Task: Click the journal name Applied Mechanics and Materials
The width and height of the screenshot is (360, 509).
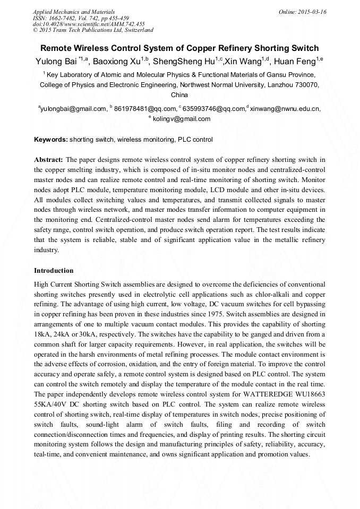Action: pos(73,12)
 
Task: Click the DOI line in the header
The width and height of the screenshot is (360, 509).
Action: pos(89,24)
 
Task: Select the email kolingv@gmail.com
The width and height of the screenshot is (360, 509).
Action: pos(182,119)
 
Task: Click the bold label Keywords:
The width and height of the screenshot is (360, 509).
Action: pos(51,140)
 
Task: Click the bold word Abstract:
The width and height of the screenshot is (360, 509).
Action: pos(48,159)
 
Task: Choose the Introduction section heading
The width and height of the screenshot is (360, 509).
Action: pos(54,270)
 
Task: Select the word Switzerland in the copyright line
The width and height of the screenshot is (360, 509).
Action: pos(134,30)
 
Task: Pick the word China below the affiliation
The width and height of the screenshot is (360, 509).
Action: pos(179,95)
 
